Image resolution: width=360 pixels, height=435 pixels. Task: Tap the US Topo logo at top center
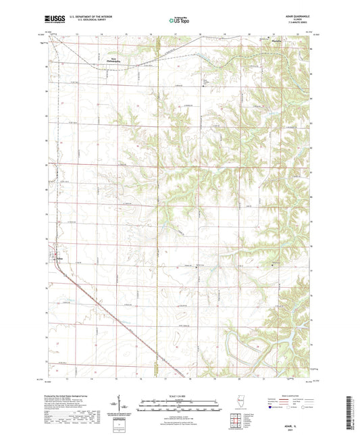pos(179,21)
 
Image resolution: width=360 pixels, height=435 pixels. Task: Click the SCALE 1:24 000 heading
pos(179,394)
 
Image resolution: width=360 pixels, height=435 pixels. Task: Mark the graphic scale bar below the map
pos(179,403)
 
